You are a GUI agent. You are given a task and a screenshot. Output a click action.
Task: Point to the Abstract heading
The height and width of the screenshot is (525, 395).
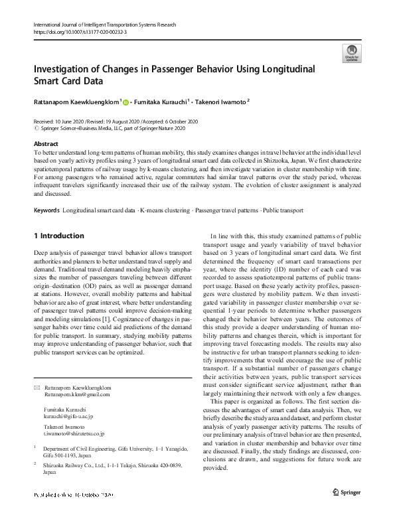tap(45, 144)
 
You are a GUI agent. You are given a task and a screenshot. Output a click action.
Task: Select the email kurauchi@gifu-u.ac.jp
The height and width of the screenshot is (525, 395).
tap(72, 415)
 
